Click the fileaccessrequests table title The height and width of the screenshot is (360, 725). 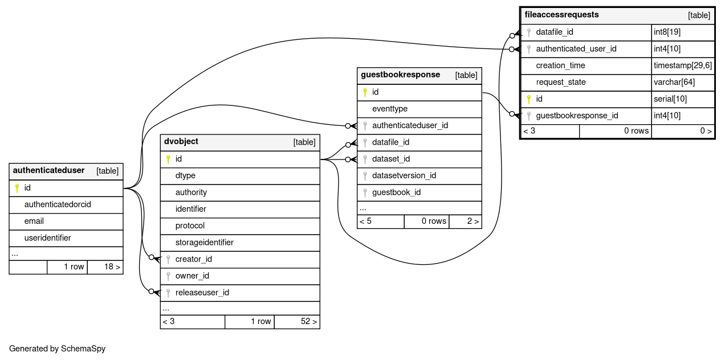tap(561, 15)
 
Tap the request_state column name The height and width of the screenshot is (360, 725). tap(561, 82)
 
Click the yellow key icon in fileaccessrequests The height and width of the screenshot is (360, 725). tap(529, 99)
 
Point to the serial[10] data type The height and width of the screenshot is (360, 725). tap(670, 99)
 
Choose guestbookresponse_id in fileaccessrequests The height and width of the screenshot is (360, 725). tap(577, 116)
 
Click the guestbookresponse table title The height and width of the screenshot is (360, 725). tap(400, 75)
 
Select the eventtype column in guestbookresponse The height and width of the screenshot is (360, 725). tap(390, 109)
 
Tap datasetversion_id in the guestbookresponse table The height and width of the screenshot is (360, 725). tap(404, 175)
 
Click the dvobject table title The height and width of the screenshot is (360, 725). tap(181, 141)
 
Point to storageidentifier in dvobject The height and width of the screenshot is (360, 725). tap(204, 242)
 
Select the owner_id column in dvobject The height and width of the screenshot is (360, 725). tap(192, 276)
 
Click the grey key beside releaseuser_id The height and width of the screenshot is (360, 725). tap(168, 293)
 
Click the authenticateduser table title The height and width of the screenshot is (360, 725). tap(48, 170)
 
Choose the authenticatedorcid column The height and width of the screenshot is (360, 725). tap(58, 204)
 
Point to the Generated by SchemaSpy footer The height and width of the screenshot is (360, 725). tap(58, 349)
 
